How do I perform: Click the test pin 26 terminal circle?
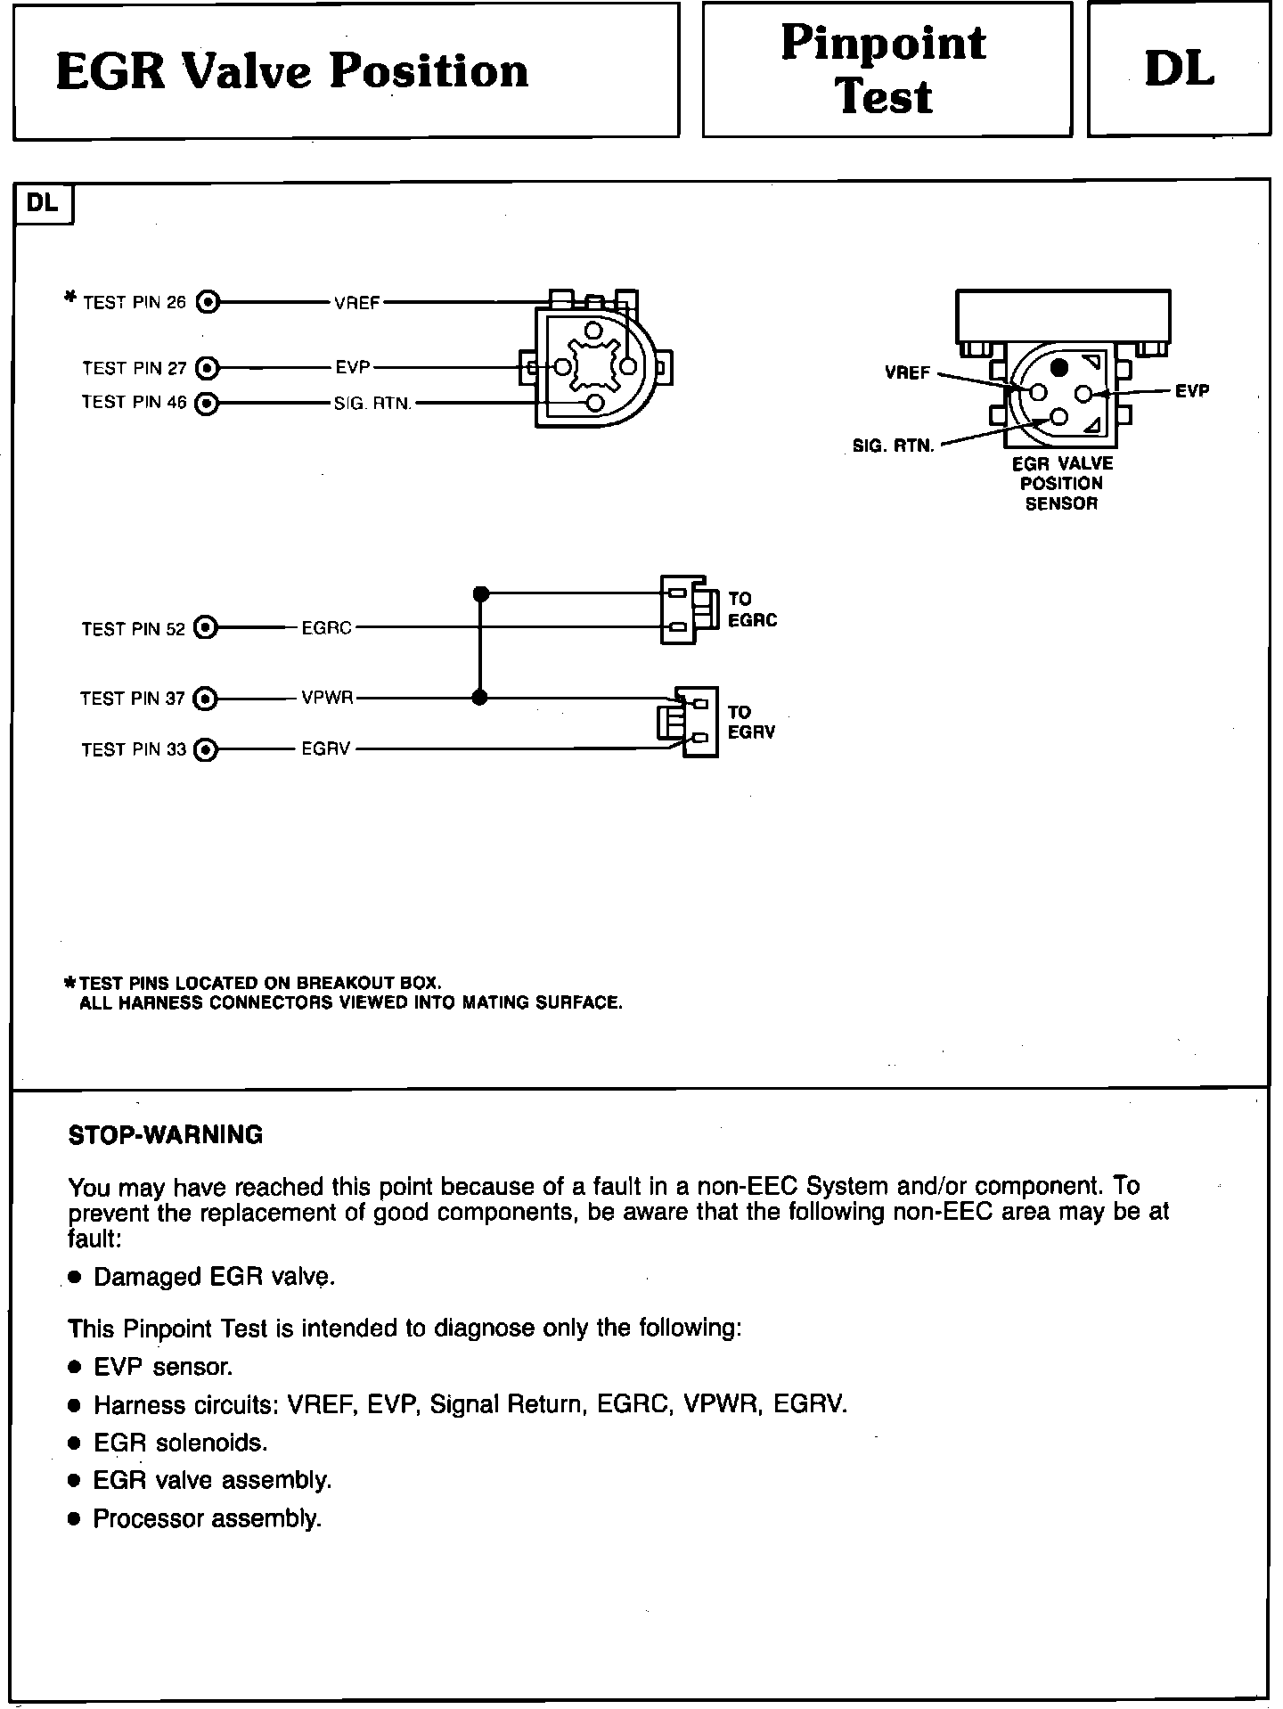pyautogui.click(x=208, y=302)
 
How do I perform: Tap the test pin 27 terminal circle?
pyautogui.click(x=208, y=367)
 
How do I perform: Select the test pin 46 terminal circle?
pyautogui.click(x=208, y=403)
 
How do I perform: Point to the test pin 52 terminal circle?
pyautogui.click(x=206, y=628)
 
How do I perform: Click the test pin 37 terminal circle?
pyautogui.click(x=206, y=699)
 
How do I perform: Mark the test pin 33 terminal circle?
pyautogui.click(x=206, y=749)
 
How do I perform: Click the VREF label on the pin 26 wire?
pyautogui.click(x=357, y=303)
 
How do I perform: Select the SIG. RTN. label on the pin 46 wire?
pyautogui.click(x=372, y=404)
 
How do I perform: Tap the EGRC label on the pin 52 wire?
pyautogui.click(x=327, y=628)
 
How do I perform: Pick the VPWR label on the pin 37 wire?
pyautogui.click(x=328, y=699)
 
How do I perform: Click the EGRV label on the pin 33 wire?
pyautogui.click(x=326, y=749)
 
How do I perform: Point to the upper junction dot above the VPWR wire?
pyautogui.click(x=480, y=593)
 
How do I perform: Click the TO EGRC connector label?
pyautogui.click(x=752, y=609)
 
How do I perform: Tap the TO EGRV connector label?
pyautogui.click(x=751, y=723)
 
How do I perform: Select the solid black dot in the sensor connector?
pyautogui.click(x=1058, y=367)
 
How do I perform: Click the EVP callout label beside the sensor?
pyautogui.click(x=1192, y=391)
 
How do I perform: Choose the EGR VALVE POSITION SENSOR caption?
pyautogui.click(x=1062, y=483)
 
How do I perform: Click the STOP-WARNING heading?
pyautogui.click(x=166, y=1135)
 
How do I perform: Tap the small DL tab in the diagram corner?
pyautogui.click(x=43, y=203)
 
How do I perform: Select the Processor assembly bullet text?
pyautogui.click(x=207, y=1518)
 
